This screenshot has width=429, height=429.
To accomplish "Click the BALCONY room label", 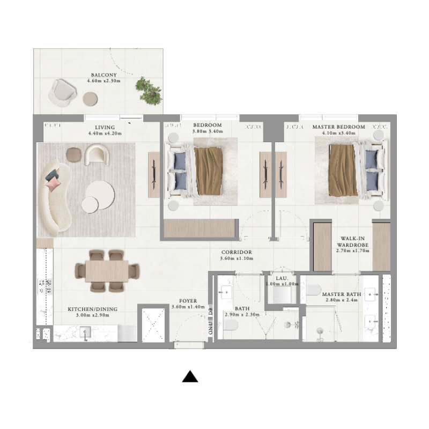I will click(103, 75).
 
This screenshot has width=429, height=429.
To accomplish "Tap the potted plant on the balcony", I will click(147, 89).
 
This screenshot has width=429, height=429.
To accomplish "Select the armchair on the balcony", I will click(62, 92).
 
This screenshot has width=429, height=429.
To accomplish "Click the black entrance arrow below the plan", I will click(190, 377).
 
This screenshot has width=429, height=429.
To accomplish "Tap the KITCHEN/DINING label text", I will click(92, 309).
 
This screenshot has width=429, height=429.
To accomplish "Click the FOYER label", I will click(188, 301).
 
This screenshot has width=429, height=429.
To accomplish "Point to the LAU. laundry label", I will click(282, 278).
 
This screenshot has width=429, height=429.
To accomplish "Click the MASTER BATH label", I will click(342, 294).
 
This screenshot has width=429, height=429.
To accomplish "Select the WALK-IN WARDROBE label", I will click(351, 241).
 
